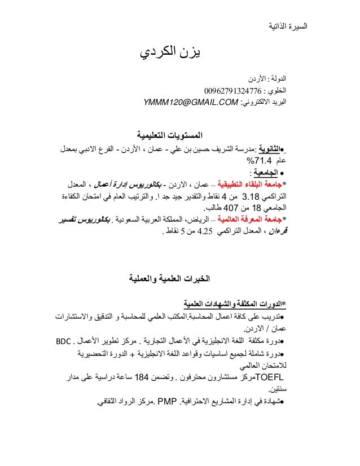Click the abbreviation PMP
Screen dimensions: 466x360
(168, 402)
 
